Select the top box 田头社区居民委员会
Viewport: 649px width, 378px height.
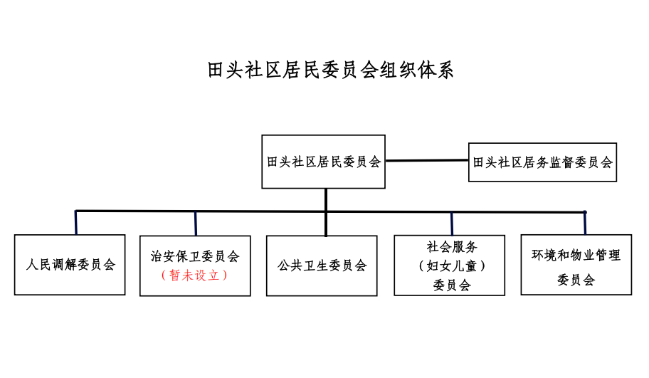click(x=323, y=162)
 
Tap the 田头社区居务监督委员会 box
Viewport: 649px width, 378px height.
click(x=542, y=162)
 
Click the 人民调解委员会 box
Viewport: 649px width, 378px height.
click(x=70, y=265)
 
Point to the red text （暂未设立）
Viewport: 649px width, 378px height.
click(x=195, y=275)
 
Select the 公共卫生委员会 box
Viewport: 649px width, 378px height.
click(x=322, y=266)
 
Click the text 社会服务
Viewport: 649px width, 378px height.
click(x=452, y=247)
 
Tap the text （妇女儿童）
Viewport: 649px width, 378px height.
click(x=452, y=266)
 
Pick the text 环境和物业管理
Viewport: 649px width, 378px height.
click(x=576, y=255)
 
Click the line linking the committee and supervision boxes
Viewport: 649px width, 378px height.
click(x=427, y=160)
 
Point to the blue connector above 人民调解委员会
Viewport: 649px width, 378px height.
click(x=75, y=223)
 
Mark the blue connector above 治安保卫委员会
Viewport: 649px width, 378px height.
click(x=196, y=224)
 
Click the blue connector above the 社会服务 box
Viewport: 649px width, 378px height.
click(x=452, y=224)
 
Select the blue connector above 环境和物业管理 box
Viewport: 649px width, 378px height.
click(x=585, y=223)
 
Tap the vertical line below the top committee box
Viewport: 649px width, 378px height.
click(x=325, y=200)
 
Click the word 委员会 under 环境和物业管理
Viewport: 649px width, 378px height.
click(x=576, y=280)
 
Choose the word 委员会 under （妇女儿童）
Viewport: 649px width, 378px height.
click(x=452, y=285)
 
